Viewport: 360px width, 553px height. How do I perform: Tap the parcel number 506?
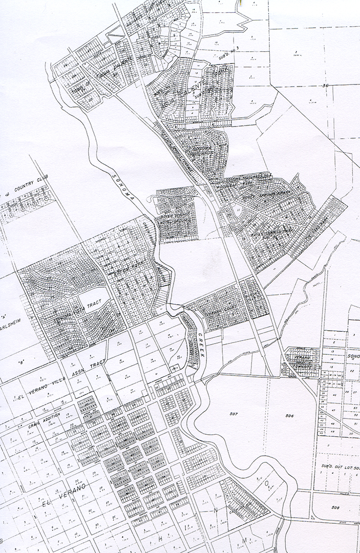coord(289,416)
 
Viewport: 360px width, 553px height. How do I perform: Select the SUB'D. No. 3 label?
coord(233,49)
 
